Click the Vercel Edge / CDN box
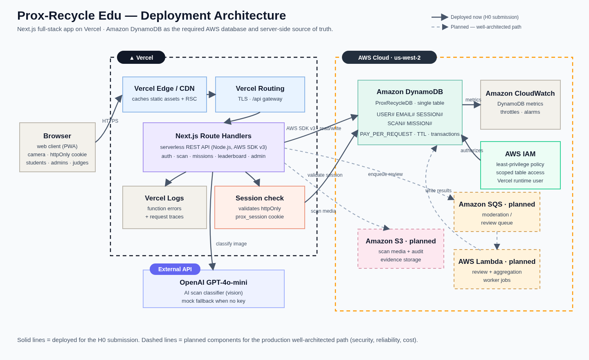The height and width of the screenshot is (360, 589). tap(164, 94)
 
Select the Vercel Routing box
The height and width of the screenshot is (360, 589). tap(260, 94)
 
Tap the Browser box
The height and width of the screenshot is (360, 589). tap(57, 147)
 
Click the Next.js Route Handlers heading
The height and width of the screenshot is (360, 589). tap(213, 136)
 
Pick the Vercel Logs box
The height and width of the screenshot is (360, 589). tap(164, 207)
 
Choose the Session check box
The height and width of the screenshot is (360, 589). tap(260, 207)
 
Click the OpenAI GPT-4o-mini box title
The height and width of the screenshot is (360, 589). tap(213, 282)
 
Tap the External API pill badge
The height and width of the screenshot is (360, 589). tap(175, 269)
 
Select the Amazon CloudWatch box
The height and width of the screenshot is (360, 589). tap(520, 105)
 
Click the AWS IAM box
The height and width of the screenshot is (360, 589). tap(520, 165)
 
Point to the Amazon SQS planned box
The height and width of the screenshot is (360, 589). tap(497, 212)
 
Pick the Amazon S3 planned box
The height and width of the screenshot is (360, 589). tap(401, 249)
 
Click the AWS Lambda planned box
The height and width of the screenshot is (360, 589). tap(497, 269)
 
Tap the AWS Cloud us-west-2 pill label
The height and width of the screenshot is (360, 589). tap(389, 57)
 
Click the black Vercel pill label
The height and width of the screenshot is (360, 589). tap(141, 57)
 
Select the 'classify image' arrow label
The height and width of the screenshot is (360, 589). tap(232, 244)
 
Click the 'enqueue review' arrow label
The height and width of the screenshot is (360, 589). tap(385, 174)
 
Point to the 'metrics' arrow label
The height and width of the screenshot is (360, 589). tap(473, 100)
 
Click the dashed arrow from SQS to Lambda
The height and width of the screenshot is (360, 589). tap(497, 241)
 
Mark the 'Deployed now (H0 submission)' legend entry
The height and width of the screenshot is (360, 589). tap(475, 17)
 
